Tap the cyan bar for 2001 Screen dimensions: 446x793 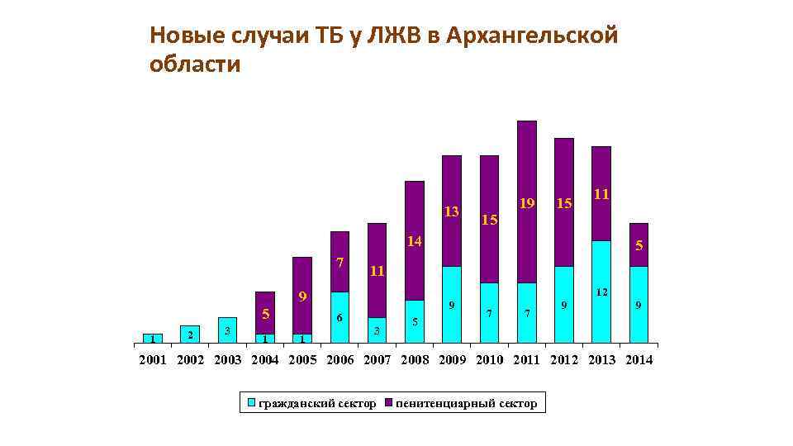[152, 339]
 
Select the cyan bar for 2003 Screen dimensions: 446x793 [227, 330]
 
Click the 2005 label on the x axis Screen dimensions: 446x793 [303, 360]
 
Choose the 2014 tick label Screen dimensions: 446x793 [639, 360]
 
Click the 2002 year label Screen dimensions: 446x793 [191, 360]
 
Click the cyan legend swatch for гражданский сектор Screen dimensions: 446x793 [252, 403]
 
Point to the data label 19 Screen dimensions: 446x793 [526, 203]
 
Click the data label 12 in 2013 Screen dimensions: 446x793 [601, 293]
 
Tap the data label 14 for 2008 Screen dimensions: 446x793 [414, 242]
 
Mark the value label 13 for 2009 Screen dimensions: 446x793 [451, 212]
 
